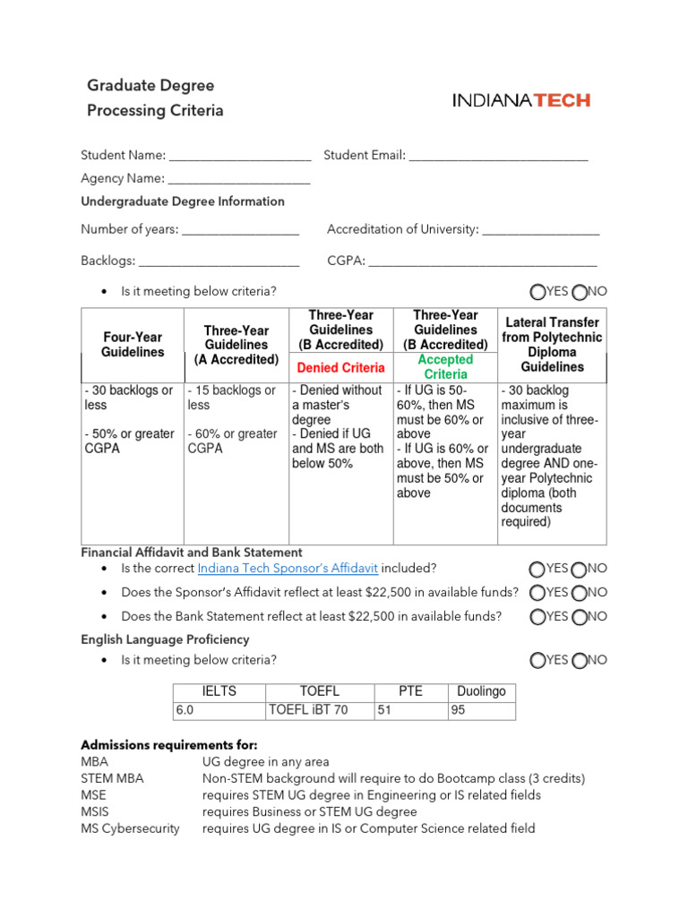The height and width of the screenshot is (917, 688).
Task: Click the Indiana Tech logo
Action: click(x=520, y=100)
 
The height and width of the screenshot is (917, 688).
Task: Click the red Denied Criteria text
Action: click(x=340, y=367)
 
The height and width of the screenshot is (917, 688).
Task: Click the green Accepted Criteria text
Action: click(x=445, y=366)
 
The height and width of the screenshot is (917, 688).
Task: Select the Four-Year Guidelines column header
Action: click(x=133, y=345)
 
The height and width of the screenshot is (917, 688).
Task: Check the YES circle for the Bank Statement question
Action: click(x=537, y=617)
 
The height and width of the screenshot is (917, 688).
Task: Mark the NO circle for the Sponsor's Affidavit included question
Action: click(x=580, y=570)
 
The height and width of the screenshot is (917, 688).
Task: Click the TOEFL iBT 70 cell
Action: click(x=308, y=711)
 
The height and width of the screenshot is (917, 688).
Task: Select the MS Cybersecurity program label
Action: click(x=130, y=828)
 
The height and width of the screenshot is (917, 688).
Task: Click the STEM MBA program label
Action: click(x=112, y=778)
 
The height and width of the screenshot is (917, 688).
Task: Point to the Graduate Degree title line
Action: click(x=150, y=86)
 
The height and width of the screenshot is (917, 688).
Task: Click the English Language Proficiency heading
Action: click(x=165, y=639)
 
